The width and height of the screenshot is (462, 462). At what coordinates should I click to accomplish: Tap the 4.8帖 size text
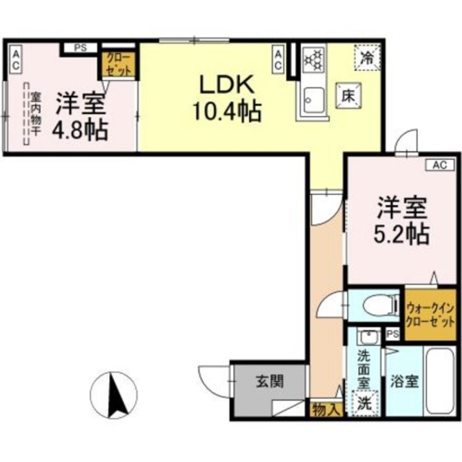pos(81,130)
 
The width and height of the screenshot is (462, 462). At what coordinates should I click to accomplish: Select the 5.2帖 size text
pos(402,233)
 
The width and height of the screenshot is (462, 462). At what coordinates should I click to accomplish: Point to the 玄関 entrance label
pos(269,383)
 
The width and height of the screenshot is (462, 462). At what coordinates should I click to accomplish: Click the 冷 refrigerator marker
pos(367,55)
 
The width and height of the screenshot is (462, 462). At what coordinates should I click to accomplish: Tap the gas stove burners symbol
pos(313,61)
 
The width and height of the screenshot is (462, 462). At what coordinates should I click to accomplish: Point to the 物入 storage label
pos(326,409)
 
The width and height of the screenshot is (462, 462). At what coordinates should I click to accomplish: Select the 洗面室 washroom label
pos(365,367)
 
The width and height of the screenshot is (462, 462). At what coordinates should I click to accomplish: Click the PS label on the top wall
pos(81,48)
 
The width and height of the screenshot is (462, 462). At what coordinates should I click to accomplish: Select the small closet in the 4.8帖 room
pos(115,64)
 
